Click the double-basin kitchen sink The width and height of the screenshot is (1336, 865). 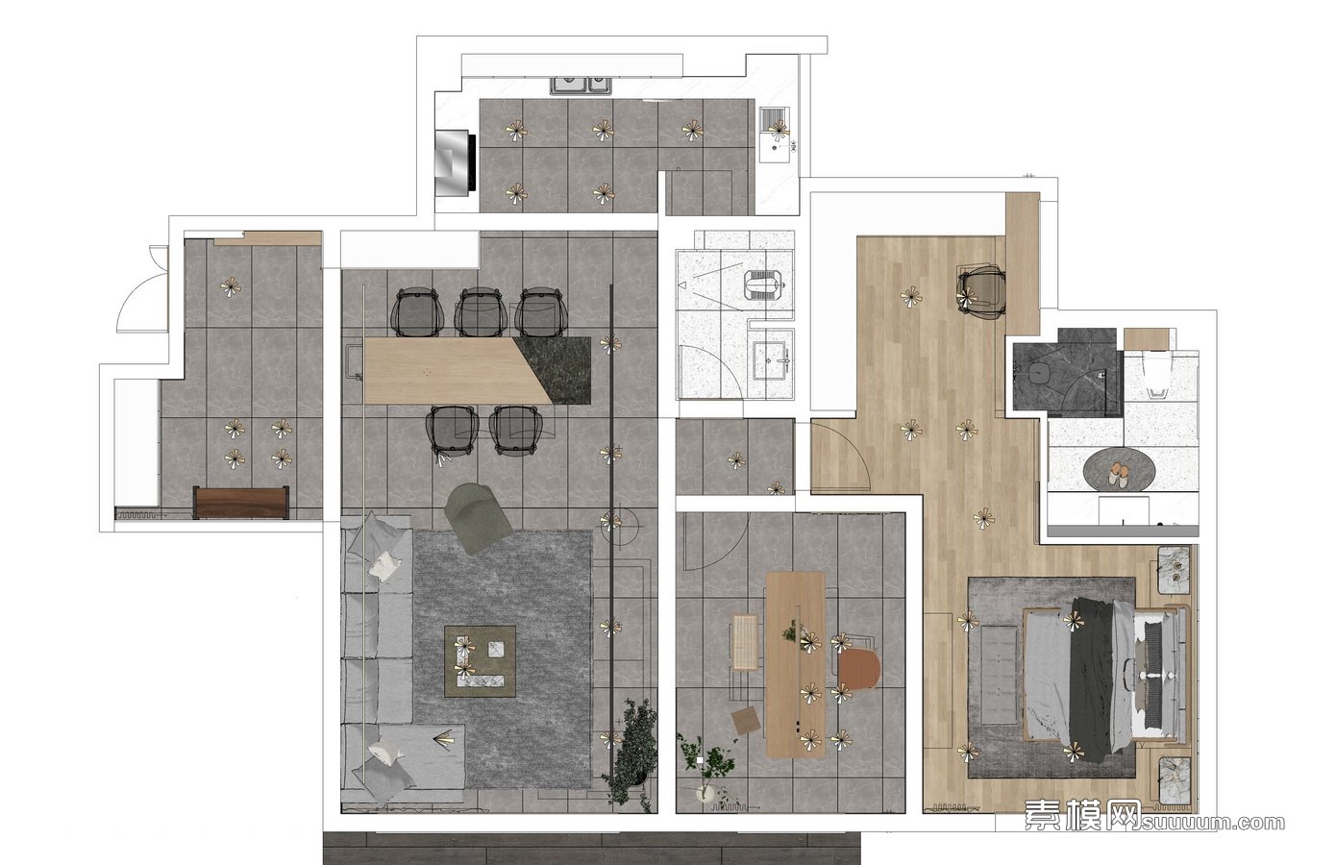pyautogui.click(x=581, y=86)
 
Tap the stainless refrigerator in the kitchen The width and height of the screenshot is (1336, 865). pyautogui.click(x=455, y=162)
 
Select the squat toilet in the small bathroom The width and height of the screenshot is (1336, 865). pyautogui.click(x=763, y=285)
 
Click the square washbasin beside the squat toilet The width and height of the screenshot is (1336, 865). pyautogui.click(x=771, y=359)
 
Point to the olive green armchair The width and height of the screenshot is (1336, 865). pyautogui.click(x=477, y=518)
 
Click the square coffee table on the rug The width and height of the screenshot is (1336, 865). pyautogui.click(x=480, y=660)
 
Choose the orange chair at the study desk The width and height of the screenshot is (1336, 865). pyautogui.click(x=858, y=668)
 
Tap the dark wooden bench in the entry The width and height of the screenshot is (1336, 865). pyautogui.click(x=241, y=503)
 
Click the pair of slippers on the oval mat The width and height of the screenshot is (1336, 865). pyautogui.click(x=1118, y=477)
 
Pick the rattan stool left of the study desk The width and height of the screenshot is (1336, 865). pyautogui.click(x=744, y=641)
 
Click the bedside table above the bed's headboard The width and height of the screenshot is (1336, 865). pyautogui.click(x=1175, y=570)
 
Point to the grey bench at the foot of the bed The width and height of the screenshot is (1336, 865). pyautogui.click(x=999, y=674)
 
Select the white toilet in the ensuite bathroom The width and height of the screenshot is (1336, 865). pyautogui.click(x=1157, y=374)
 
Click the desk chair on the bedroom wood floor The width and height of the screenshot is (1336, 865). pyautogui.click(x=981, y=293)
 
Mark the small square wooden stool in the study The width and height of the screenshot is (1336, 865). pyautogui.click(x=748, y=720)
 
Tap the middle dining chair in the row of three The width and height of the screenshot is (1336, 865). pyautogui.click(x=481, y=311)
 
